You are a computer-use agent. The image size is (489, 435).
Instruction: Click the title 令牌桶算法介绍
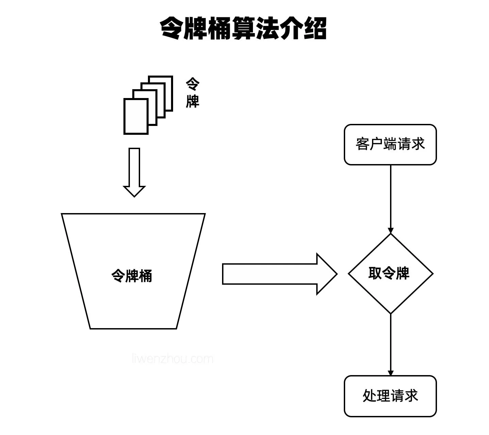[x=243, y=29]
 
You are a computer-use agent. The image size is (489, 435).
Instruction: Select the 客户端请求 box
[x=390, y=145]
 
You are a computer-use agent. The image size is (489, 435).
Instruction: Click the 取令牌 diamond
[x=390, y=273]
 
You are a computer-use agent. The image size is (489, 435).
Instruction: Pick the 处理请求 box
[x=390, y=396]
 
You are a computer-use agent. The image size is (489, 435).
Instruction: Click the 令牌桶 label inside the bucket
[x=132, y=275]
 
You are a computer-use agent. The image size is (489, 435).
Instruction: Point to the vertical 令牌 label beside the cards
[x=192, y=93]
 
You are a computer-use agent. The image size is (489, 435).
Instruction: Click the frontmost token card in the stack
[x=136, y=116]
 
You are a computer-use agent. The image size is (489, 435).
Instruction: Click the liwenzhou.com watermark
[x=172, y=359]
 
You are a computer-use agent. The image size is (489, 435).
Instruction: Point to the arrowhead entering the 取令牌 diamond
[x=390, y=230]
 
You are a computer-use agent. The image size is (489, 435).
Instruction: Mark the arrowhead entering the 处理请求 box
[x=390, y=373]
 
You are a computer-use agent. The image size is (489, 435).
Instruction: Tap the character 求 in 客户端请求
[x=418, y=144]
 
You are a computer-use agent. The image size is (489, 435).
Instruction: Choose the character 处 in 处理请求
[x=369, y=396]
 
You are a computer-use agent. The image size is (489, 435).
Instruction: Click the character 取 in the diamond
[x=375, y=273]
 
